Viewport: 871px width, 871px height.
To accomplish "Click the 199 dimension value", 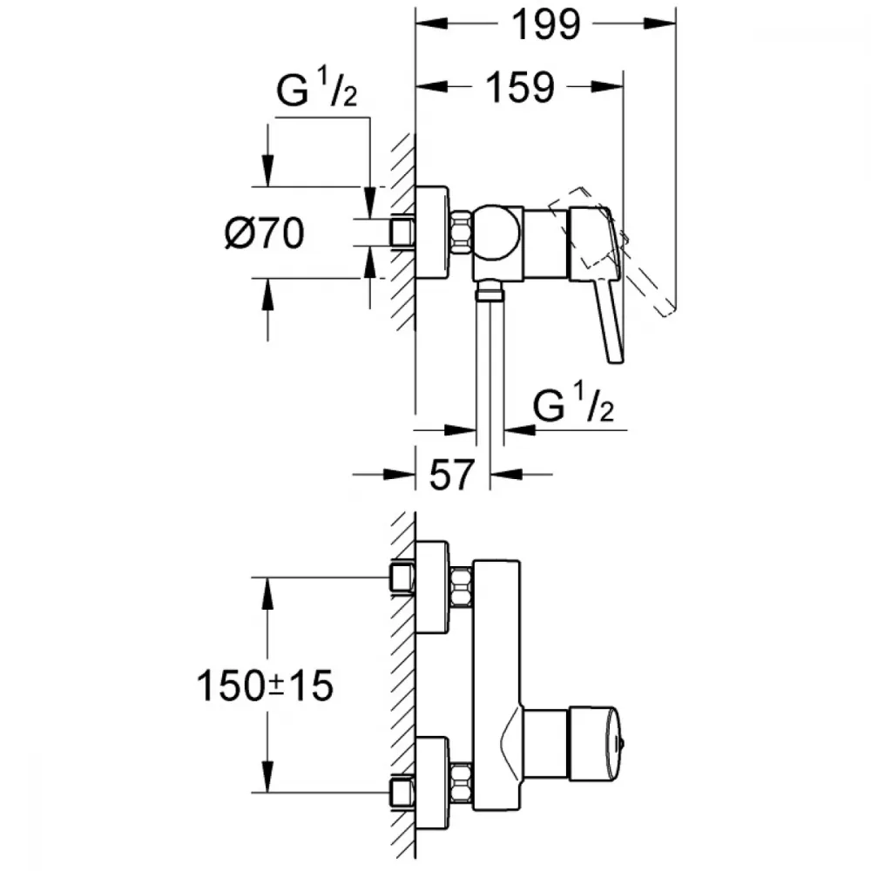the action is (546, 25).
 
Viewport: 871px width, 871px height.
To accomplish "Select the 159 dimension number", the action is (521, 88).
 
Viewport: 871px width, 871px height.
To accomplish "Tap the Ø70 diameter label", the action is (265, 233).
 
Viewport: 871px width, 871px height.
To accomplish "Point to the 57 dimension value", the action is (452, 475).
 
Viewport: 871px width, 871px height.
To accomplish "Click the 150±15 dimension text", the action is (265, 685).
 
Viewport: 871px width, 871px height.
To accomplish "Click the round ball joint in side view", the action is (496, 233).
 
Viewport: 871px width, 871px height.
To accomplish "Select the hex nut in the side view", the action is (461, 233).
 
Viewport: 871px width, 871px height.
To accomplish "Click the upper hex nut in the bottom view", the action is (461, 586).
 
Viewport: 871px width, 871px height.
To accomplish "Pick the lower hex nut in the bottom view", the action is (461, 783).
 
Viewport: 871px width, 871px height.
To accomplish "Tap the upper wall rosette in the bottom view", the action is (432, 587).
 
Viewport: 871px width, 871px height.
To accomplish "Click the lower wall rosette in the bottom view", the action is (432, 783).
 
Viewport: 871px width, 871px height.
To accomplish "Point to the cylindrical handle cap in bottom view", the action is (592, 743).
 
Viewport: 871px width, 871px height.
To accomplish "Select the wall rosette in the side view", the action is (432, 233).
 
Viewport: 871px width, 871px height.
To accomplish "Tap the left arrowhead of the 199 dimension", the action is (432, 24).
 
